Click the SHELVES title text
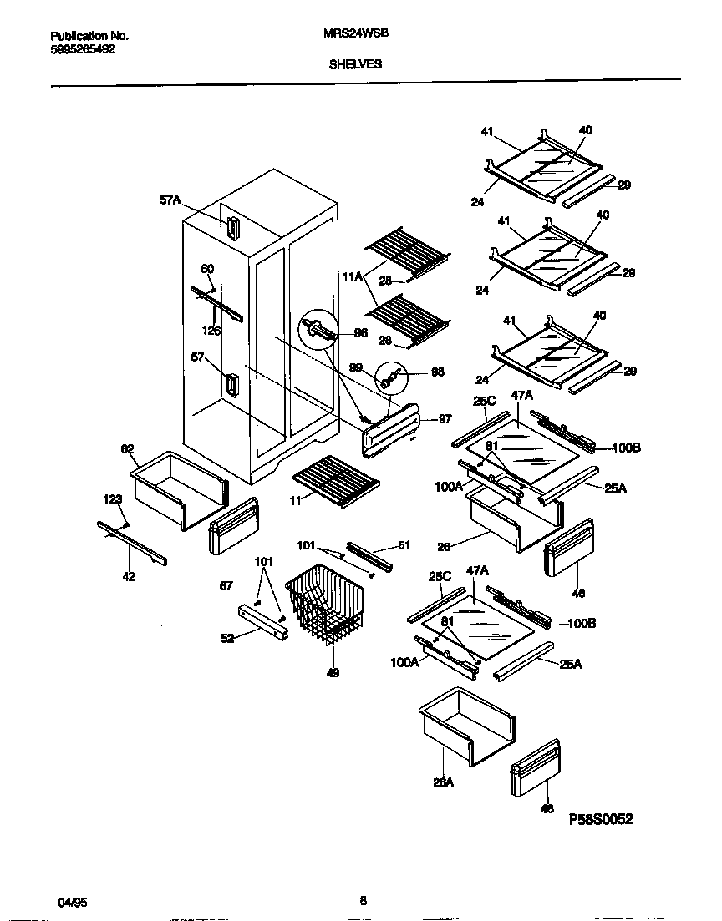click(355, 63)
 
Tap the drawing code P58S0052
click(601, 819)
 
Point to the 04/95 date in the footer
click(73, 903)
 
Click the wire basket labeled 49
click(327, 603)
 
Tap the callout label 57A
click(170, 200)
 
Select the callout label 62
click(128, 449)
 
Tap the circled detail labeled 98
click(390, 376)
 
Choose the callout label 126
click(212, 331)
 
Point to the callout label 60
click(206, 269)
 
